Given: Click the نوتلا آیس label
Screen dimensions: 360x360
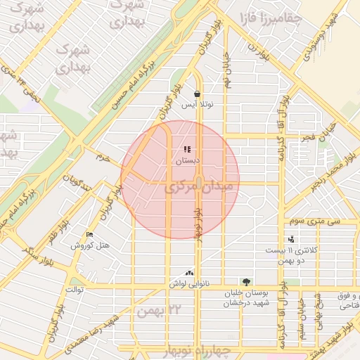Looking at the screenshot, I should point(198,105).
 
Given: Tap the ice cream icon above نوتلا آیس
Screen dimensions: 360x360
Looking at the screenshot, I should point(198,94).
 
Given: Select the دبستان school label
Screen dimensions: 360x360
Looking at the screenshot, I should point(187,161).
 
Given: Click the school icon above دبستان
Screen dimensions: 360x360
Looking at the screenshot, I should point(187,149).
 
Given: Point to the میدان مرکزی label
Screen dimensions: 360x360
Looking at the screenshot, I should point(192,188).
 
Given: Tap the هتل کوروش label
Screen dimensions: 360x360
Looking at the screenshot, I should point(90,245).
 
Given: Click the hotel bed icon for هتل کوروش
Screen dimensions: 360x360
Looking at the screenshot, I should point(89,235).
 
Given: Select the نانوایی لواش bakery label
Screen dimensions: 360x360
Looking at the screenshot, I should point(188,283).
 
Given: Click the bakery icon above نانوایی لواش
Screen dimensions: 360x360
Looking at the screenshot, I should point(188,273).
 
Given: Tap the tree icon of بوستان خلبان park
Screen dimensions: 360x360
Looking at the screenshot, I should point(245,281).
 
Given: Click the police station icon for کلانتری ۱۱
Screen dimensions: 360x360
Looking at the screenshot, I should point(291,239).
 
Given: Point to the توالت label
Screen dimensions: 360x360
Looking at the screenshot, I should point(75,289).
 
